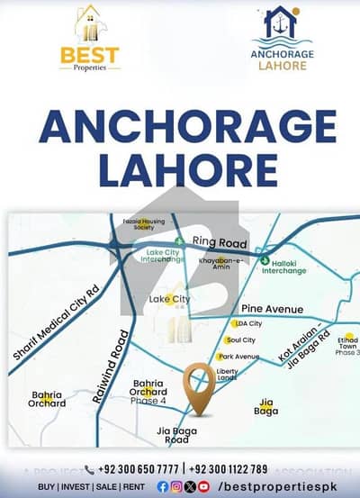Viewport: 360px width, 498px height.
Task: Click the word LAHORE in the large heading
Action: (x=179, y=168)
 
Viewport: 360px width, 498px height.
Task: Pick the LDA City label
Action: (x=248, y=323)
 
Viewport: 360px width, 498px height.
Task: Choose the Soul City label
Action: (x=241, y=340)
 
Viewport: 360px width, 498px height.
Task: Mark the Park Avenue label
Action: (x=239, y=357)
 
